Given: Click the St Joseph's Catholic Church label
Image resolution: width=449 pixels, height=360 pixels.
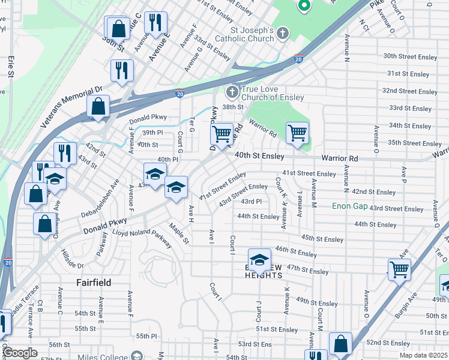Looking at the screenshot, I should coord(252,34).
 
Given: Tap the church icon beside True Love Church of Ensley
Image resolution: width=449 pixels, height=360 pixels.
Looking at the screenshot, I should coord(232,92).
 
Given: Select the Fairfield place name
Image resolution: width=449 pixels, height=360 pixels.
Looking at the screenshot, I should coord(94,282).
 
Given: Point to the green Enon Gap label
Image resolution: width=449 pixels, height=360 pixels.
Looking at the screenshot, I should coord(349,206).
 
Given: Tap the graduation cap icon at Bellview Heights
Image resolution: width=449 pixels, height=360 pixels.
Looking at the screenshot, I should coord(259,259).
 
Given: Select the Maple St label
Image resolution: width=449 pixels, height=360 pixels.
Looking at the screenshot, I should coord(179,234).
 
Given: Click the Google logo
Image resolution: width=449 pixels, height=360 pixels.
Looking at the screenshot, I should coord(20,353).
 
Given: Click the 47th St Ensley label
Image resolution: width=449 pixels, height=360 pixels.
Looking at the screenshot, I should coord(308,271).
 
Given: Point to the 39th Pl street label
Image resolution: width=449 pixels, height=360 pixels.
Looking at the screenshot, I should coord(152,133).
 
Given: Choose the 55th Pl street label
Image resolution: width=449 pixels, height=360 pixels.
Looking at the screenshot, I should coord(146,336).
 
